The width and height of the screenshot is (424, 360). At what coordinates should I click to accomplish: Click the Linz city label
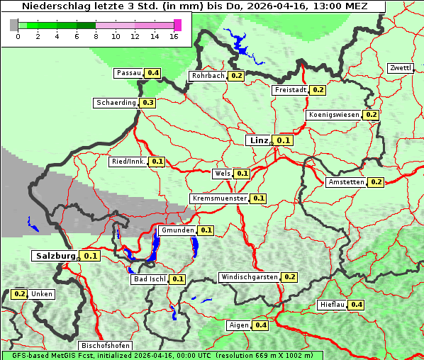(x=258, y=140)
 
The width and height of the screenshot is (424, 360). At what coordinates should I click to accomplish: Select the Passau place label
(x=128, y=73)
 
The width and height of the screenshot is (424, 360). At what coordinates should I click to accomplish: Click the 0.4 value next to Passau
(x=153, y=73)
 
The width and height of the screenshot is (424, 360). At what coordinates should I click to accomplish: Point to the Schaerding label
(x=116, y=103)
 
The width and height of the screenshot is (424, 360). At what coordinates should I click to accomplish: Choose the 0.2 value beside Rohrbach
(x=237, y=76)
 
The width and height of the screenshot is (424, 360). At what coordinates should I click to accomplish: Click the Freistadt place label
(x=289, y=90)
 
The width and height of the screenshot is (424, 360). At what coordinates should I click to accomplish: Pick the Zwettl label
(x=400, y=68)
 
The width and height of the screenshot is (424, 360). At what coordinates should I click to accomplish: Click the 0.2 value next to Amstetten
(x=376, y=182)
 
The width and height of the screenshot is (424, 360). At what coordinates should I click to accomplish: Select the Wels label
(x=222, y=173)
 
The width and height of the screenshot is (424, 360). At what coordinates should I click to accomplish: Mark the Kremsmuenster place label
(x=219, y=198)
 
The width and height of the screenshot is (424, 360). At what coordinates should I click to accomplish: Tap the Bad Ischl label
(x=149, y=279)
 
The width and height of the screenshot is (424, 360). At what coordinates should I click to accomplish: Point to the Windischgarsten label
(x=249, y=277)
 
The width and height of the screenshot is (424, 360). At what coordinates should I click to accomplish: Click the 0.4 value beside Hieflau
(x=357, y=305)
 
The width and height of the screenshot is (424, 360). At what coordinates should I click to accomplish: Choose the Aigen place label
(x=238, y=325)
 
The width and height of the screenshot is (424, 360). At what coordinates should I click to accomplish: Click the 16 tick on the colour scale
(x=174, y=35)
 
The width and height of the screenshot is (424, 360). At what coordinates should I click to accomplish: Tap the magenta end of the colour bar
(x=177, y=25)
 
